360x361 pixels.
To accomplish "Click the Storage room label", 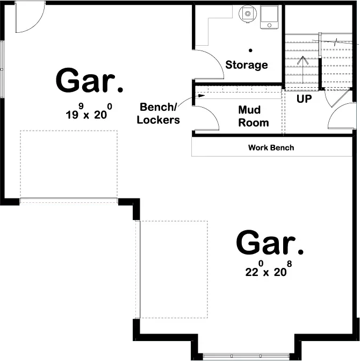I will pos(246,65).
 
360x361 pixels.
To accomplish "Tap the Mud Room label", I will pos(253,116).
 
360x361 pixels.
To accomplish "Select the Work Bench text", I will pos(271,147).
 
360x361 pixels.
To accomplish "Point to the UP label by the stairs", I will pos(304,99).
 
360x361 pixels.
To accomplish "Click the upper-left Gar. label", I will pos(89,81).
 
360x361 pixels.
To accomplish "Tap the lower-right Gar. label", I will pos(270,243).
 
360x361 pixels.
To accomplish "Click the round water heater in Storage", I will pos(248,15).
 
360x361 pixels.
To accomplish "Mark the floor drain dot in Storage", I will pos(250,50).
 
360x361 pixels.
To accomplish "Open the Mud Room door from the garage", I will pos(205,118).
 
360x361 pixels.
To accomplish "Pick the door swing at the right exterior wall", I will pos(341,117).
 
